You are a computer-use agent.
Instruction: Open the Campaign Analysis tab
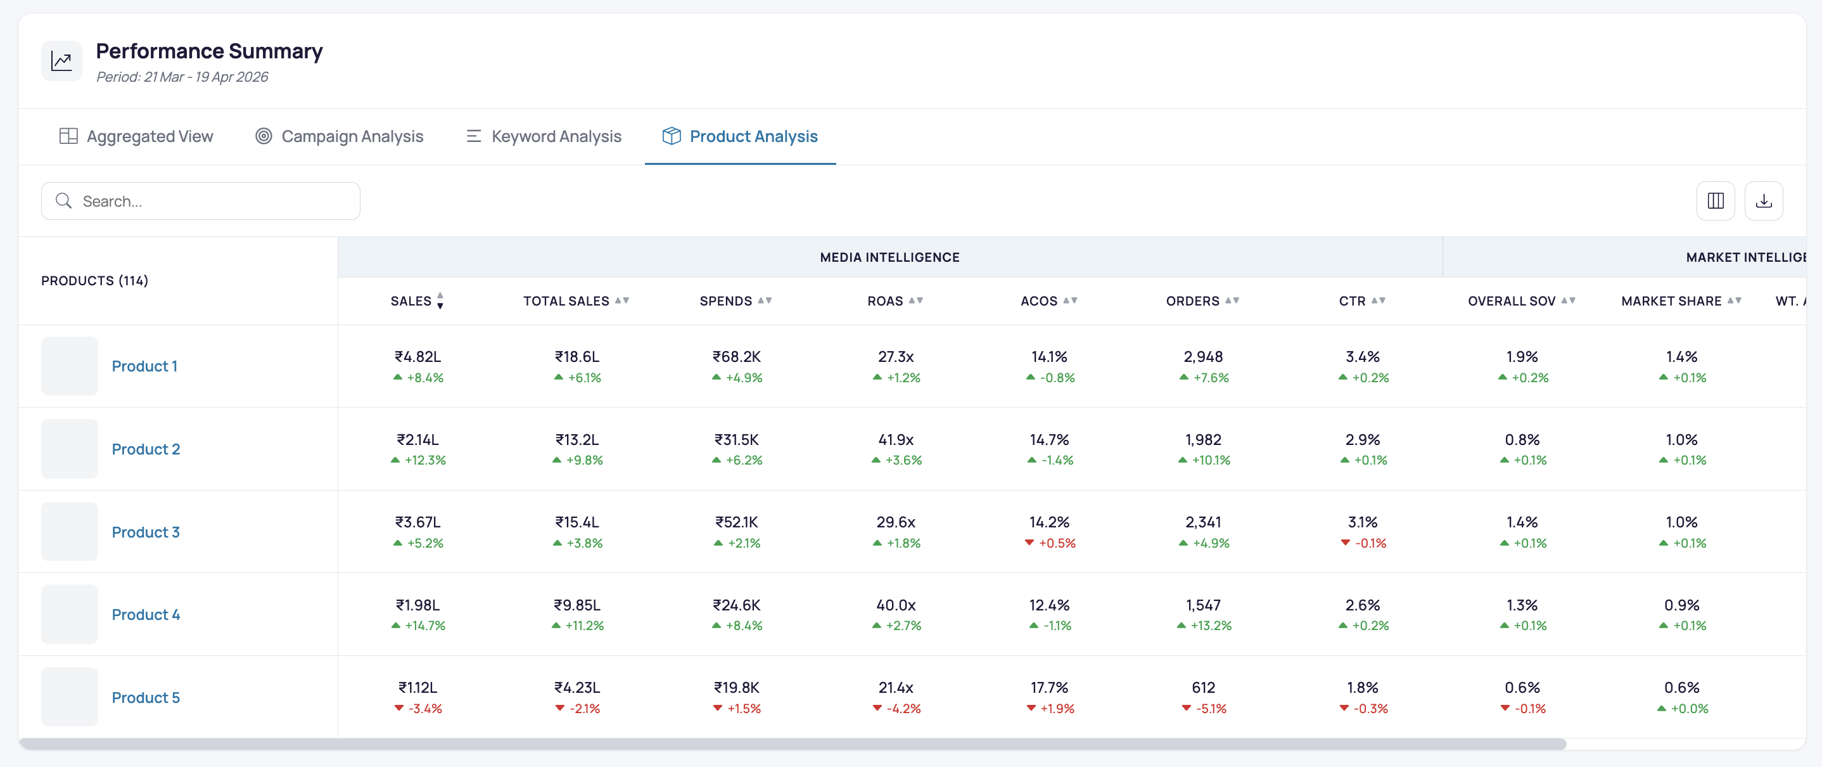pyautogui.click(x=340, y=136)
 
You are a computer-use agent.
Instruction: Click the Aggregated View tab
pyautogui.click(x=136, y=136)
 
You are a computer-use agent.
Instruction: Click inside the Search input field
pyautogui.click(x=201, y=201)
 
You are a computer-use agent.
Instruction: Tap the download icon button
pyautogui.click(x=1764, y=201)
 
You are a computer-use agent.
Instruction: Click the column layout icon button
pyautogui.click(x=1716, y=201)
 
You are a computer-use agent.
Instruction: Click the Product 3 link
pyautogui.click(x=146, y=532)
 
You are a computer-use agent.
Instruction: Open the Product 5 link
pyautogui.click(x=146, y=698)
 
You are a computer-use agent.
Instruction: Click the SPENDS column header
pyautogui.click(x=725, y=300)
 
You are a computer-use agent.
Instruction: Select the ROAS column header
pyautogui.click(x=885, y=300)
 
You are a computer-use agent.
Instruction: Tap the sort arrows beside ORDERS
pyautogui.click(x=1232, y=300)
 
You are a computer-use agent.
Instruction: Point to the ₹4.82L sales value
pyautogui.click(x=418, y=357)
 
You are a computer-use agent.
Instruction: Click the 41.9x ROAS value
pyautogui.click(x=896, y=439)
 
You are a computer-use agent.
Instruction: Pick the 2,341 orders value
pyautogui.click(x=1203, y=522)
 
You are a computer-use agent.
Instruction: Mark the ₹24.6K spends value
pyautogui.click(x=736, y=605)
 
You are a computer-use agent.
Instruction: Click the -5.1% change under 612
pyautogui.click(x=1211, y=708)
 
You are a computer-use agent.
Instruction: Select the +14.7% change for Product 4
pyautogui.click(x=425, y=626)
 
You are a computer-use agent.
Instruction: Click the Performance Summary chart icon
pyautogui.click(x=61, y=61)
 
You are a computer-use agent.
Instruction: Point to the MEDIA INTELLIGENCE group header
pyautogui.click(x=890, y=257)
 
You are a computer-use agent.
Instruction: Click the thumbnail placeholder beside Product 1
pyautogui.click(x=69, y=366)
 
